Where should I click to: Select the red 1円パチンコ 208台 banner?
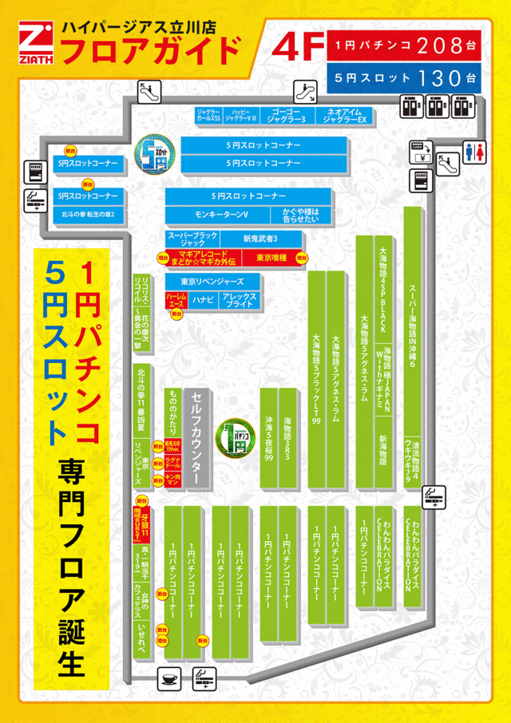pos(404,45)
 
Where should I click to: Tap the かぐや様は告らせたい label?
pos(300,215)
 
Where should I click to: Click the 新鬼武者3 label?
pos(261,239)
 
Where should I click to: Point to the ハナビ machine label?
pos(203,299)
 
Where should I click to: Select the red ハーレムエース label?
pos(176,299)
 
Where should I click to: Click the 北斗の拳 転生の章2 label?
pos(88,215)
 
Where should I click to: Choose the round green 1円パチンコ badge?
pos(236,437)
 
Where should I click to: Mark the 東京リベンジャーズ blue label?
pos(213,282)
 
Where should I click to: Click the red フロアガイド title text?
pos(151,50)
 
